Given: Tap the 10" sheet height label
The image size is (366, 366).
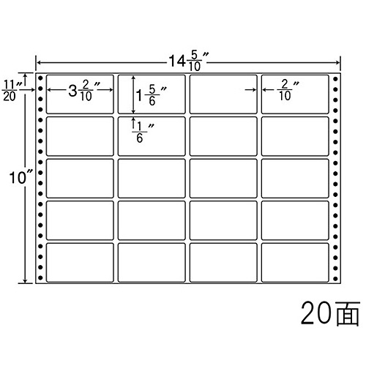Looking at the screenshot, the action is [20, 177].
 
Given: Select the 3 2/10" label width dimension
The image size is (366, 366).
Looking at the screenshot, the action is [83, 91].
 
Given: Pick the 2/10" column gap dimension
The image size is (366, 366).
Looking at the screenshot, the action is [288, 90].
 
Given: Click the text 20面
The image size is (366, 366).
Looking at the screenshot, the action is [330, 313].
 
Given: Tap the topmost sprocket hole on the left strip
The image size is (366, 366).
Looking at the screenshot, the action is [40, 78].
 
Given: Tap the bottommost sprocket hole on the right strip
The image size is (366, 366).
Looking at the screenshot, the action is [335, 278].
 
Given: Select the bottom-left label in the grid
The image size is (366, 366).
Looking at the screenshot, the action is [80, 263].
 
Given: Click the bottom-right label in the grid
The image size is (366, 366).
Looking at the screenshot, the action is [295, 263].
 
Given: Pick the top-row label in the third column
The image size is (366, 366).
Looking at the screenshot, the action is [223, 94].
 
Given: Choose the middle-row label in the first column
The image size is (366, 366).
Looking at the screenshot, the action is [80, 179].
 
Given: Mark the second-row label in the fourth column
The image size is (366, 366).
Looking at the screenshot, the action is [295, 136].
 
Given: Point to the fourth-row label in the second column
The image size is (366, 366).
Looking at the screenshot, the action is [152, 220].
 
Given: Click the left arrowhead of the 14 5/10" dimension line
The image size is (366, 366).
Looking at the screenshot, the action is [38, 63].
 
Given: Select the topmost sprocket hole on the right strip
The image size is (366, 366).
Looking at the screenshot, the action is [335, 79].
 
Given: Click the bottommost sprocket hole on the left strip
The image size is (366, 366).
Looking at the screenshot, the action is [40, 277].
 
